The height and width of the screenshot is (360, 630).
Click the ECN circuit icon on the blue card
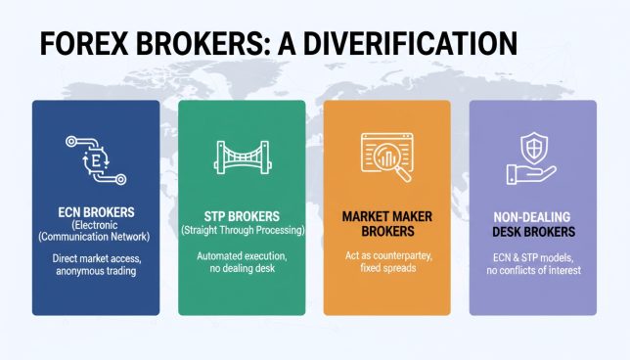(95, 158)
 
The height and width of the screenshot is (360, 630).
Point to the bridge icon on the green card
(241, 158)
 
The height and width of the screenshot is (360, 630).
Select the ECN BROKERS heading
(95, 210)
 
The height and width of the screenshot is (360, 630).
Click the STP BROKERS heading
(241, 215)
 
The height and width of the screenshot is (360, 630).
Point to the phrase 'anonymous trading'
(95, 272)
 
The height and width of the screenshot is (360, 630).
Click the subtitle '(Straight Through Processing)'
(241, 230)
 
